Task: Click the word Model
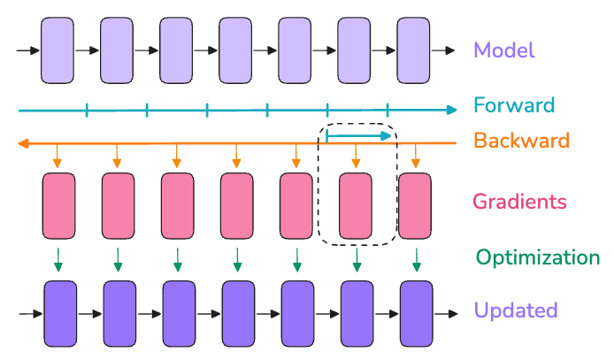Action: [504, 50]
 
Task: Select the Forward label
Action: [514, 106]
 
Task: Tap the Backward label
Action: [521, 140]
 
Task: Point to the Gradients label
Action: [519, 202]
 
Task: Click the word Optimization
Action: [538, 257]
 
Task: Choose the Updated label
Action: [516, 310]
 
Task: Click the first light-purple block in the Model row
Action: [58, 51]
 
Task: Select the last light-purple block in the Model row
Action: [413, 51]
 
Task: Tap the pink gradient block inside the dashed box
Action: [357, 205]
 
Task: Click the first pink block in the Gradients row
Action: [59, 205]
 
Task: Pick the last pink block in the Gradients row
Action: [416, 205]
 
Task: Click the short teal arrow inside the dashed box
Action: [358, 135]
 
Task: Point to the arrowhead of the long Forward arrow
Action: [452, 110]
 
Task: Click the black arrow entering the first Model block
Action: [28, 51]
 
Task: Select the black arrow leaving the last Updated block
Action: [444, 314]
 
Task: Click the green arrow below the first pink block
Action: [58, 259]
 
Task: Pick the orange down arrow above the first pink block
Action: [57, 156]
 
